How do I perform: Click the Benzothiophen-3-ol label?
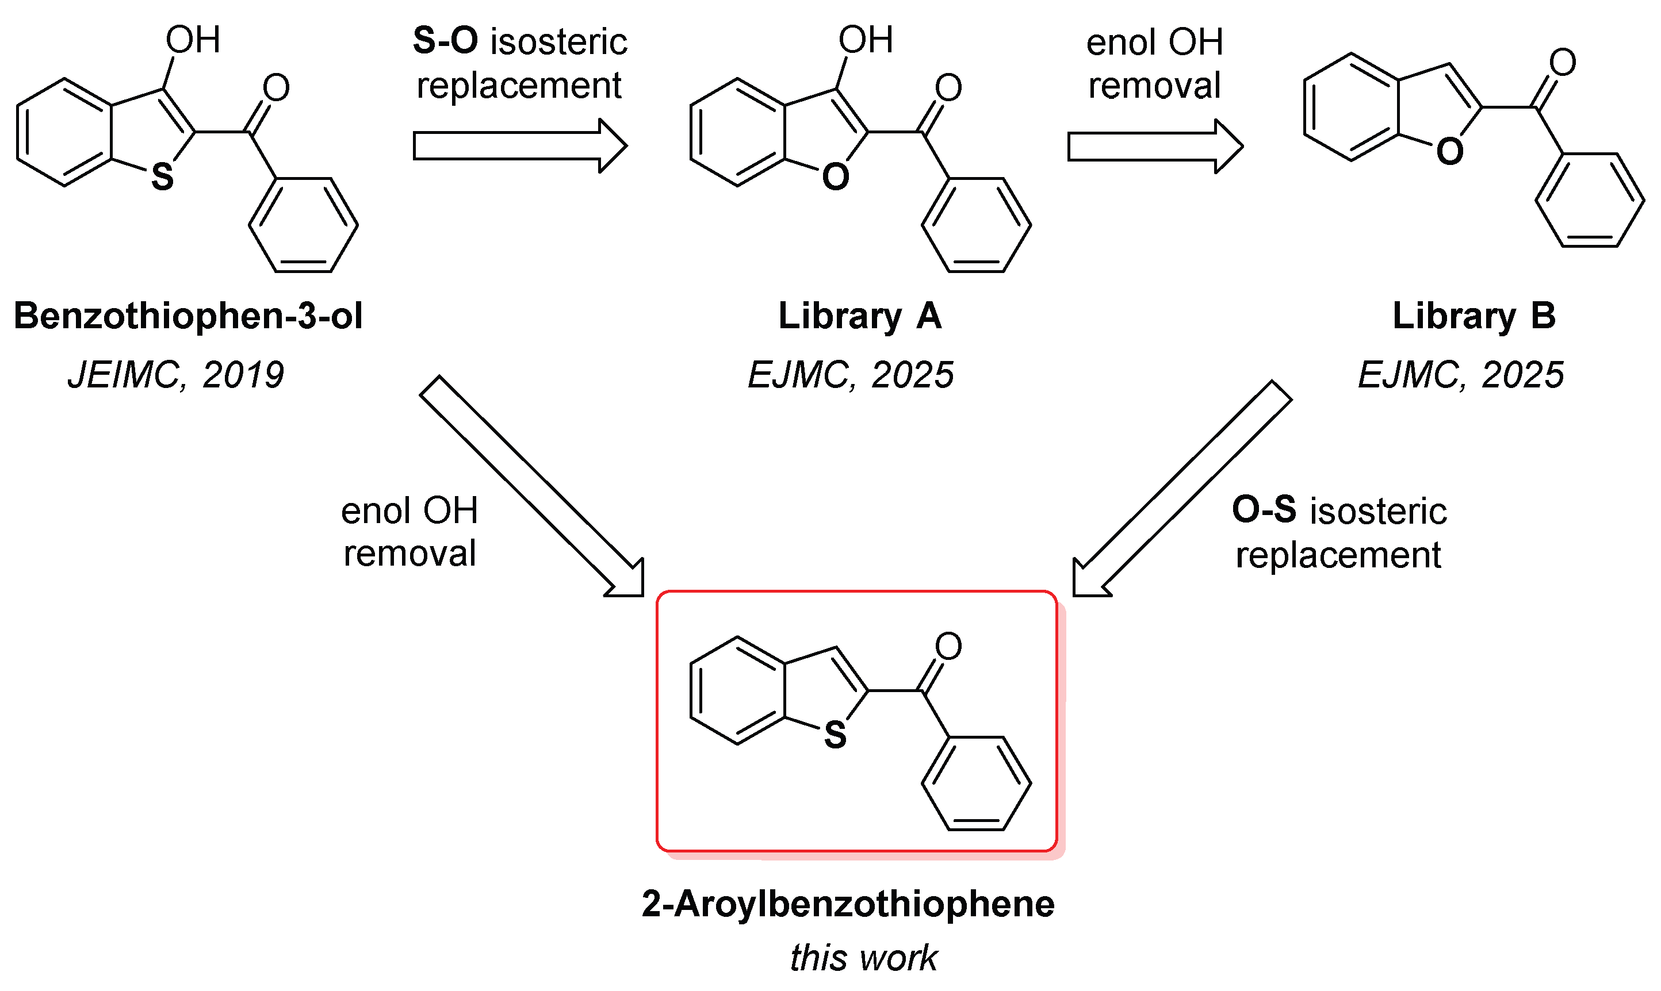pos(187,316)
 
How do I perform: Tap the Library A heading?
pos(860,316)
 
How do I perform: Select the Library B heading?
pos(1474,316)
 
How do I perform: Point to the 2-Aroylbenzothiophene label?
pos(848,904)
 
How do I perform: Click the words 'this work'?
pos(863,958)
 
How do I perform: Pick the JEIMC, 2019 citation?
pos(176,375)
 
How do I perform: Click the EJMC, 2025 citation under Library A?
pos(851,375)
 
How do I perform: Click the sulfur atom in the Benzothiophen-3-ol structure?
pos(162,177)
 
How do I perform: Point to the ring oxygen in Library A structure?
pos(835,177)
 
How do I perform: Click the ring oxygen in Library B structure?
pos(1449,152)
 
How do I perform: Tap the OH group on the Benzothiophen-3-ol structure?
pos(193,40)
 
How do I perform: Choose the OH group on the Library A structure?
pos(865,40)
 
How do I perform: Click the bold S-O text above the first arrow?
pos(446,41)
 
